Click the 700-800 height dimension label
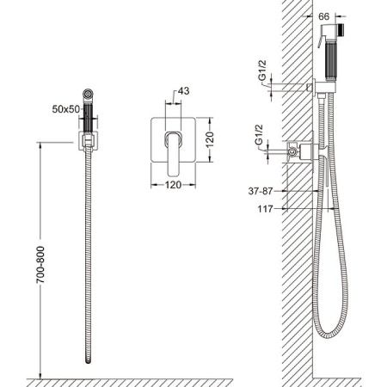[x=40, y=265]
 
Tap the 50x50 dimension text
[x=65, y=109]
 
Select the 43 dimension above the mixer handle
[x=183, y=91]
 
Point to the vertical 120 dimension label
[x=210, y=139]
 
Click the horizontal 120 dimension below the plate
[x=173, y=185]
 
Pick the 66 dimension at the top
[x=324, y=16]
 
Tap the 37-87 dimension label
[x=261, y=191]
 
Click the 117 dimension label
[x=265, y=209]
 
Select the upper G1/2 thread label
[x=262, y=71]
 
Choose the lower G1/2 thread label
[x=259, y=135]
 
